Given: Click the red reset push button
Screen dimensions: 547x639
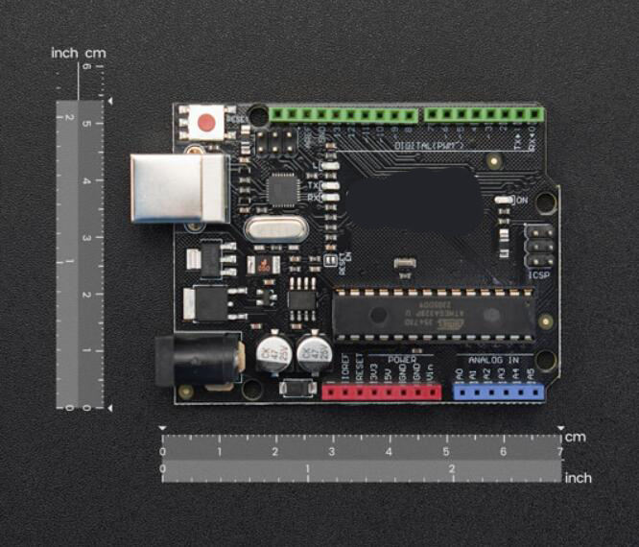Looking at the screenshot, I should point(205,122).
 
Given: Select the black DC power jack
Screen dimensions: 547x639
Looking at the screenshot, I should point(199,359).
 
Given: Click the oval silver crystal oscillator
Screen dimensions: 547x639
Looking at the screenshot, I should point(275,228).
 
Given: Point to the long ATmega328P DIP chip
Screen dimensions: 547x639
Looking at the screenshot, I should point(434,313).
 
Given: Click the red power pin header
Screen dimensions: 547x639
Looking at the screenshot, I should point(382,391).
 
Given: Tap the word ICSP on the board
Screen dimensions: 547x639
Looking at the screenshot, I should point(539,274).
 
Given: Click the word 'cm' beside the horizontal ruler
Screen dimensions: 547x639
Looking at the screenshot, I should point(576,437).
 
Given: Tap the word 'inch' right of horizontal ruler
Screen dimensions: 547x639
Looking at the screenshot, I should point(578,477).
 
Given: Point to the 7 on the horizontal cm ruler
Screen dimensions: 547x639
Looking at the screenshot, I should point(558,451).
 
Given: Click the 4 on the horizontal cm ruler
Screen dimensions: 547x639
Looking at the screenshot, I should point(389,451).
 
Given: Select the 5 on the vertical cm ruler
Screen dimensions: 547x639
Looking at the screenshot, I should point(87,124).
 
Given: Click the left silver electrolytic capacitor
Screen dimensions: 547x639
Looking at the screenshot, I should point(273,351).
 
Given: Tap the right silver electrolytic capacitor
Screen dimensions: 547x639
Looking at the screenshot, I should point(314,351).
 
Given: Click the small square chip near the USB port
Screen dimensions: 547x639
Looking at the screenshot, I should point(283,189).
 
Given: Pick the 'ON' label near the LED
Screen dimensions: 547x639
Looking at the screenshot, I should point(523,201).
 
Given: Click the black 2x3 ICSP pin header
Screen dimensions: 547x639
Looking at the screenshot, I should point(539,247).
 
